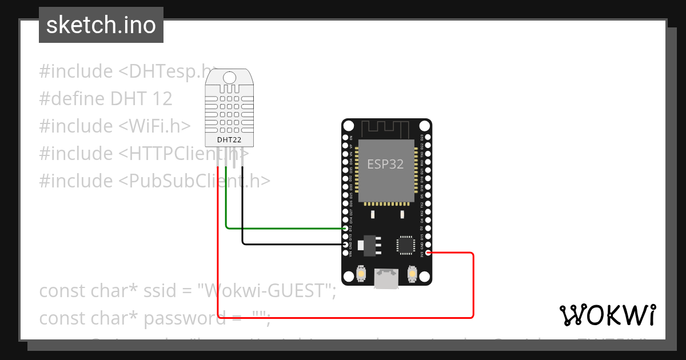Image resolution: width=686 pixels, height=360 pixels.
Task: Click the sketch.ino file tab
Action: click(101, 25)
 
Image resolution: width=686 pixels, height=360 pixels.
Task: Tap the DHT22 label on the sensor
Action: click(229, 140)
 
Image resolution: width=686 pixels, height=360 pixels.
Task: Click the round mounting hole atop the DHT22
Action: click(229, 77)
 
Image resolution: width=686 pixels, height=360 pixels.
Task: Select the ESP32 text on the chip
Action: click(385, 165)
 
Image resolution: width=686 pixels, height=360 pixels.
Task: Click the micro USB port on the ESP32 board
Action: click(386, 279)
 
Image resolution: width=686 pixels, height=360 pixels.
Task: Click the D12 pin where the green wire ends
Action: click(345, 228)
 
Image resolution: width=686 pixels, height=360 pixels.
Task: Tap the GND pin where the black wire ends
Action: click(345, 244)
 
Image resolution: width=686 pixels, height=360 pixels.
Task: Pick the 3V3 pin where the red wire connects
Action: click(428, 253)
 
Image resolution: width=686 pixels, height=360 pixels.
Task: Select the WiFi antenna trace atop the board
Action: click(386, 129)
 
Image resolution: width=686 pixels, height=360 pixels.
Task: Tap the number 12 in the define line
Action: click(162, 99)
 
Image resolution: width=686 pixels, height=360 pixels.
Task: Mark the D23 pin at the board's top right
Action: click(428, 138)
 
